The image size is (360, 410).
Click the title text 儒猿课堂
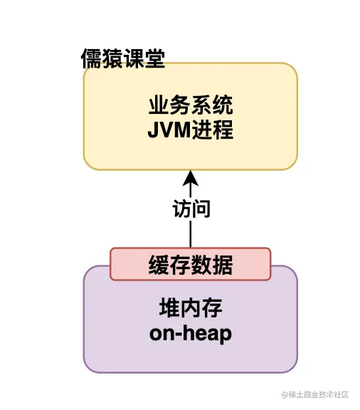[x=123, y=59]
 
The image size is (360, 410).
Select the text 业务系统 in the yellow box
[x=191, y=108]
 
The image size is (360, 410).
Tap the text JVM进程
[x=191, y=131]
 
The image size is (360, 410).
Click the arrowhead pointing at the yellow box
[x=191, y=177]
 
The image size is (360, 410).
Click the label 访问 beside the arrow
[x=191, y=209]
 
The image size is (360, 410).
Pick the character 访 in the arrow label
[x=181, y=209]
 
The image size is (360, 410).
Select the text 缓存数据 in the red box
[x=191, y=265]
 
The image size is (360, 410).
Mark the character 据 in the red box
[x=223, y=265]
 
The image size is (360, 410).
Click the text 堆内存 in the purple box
[x=191, y=310]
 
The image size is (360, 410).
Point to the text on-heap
[x=191, y=333]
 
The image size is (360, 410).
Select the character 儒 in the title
[x=92, y=59]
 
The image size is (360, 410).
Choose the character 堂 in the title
[x=154, y=59]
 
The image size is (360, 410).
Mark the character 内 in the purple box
[x=191, y=310]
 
